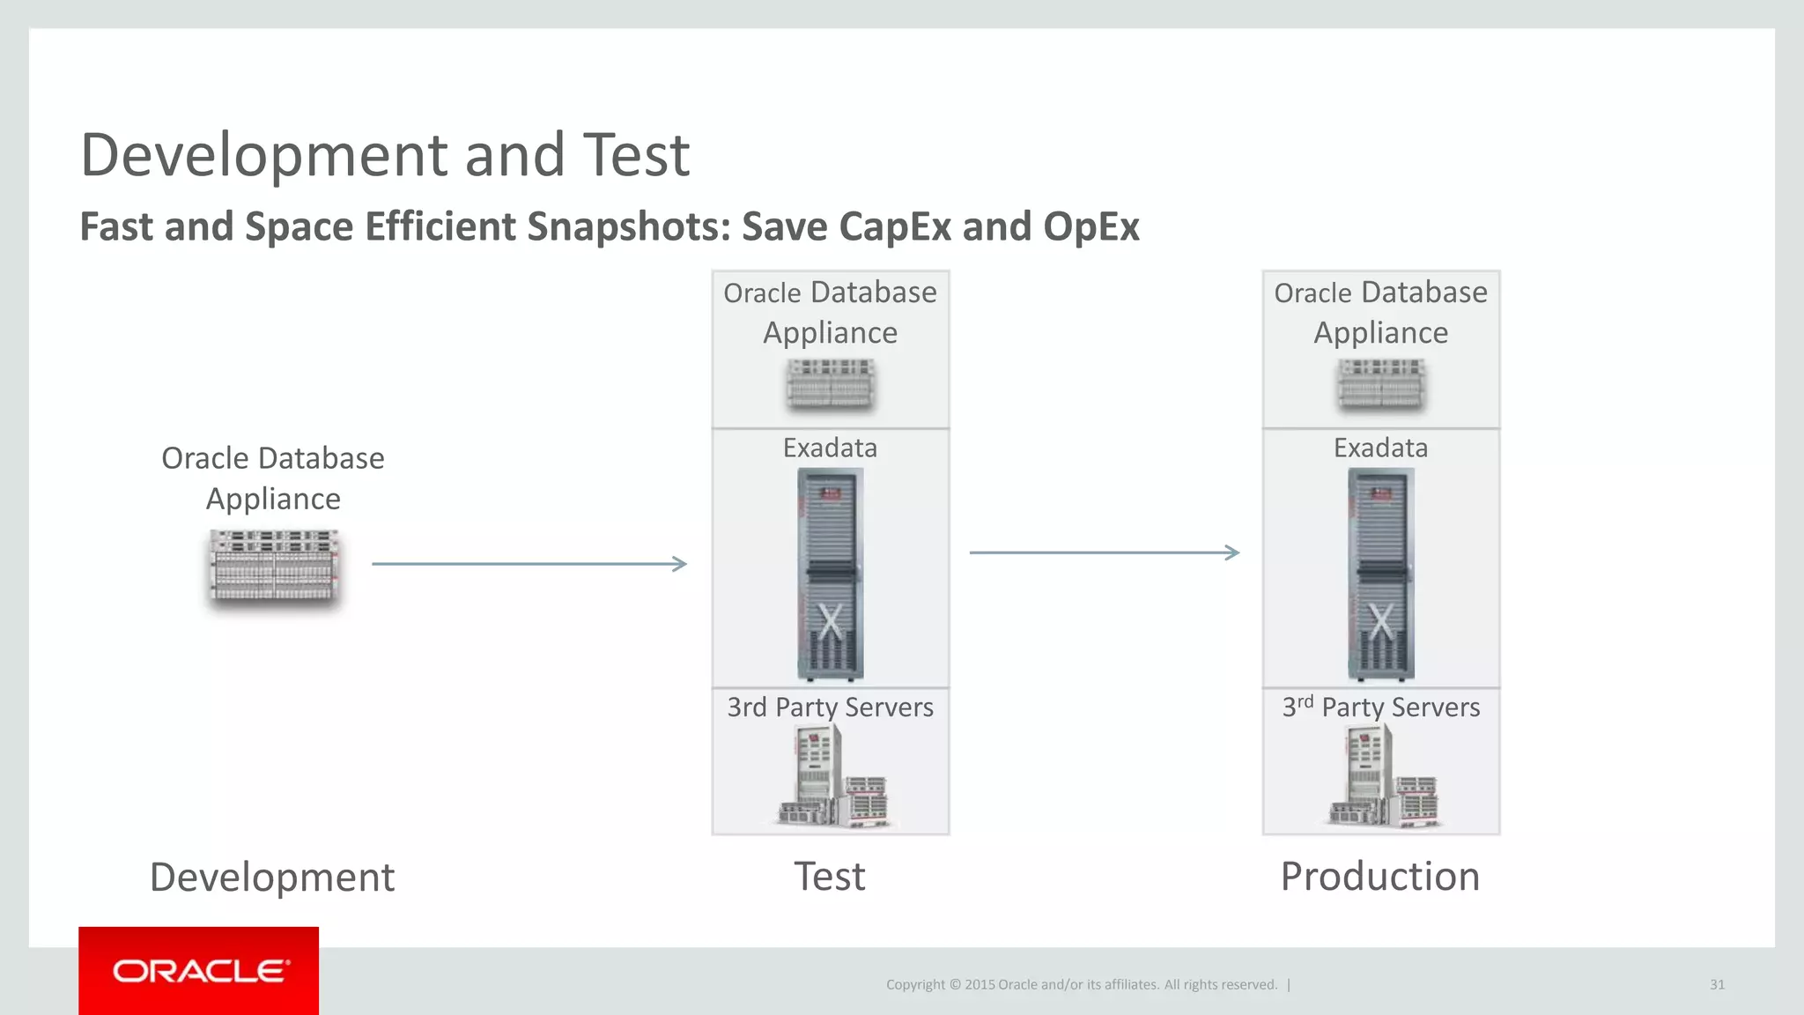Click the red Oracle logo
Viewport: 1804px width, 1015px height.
[199, 970]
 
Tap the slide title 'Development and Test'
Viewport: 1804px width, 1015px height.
[385, 155]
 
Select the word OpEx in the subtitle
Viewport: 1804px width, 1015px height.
[1091, 226]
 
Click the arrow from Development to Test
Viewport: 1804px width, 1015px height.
[529, 564]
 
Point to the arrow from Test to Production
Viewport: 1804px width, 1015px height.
[1104, 552]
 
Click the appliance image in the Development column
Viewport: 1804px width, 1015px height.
[274, 567]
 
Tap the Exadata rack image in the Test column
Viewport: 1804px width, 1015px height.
[830, 574]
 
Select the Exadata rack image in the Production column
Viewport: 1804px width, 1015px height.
[1380, 574]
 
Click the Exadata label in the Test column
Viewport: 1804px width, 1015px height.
[830, 448]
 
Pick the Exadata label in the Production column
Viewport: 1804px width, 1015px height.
[1380, 448]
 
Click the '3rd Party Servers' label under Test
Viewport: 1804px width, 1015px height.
[830, 707]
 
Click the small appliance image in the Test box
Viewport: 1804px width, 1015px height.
[830, 383]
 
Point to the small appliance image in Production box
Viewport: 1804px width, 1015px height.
[1380, 383]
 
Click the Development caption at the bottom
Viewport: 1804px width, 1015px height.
[272, 878]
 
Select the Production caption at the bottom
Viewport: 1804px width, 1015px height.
[1379, 877]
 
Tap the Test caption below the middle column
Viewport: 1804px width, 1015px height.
[830, 877]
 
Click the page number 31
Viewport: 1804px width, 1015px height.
[1717, 984]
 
